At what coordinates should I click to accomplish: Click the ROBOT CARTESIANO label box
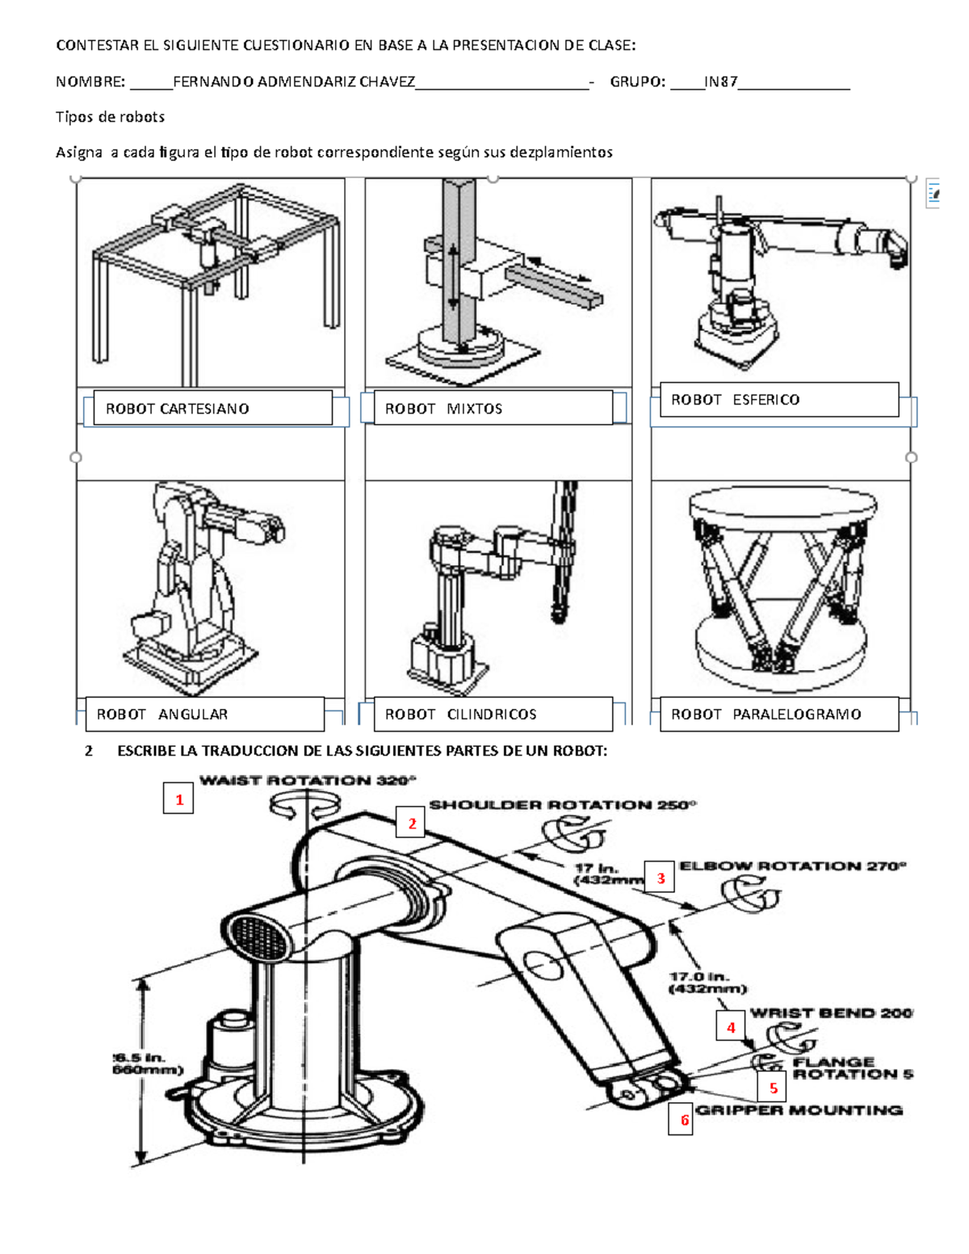tap(212, 408)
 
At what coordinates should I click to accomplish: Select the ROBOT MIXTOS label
tap(493, 408)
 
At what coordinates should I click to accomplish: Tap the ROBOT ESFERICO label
tap(778, 400)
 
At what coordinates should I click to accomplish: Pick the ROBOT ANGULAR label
tap(204, 714)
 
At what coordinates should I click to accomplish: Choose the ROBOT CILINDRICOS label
tap(493, 714)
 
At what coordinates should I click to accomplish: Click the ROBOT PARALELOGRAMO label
tap(778, 714)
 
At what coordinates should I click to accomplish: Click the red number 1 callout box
tap(178, 799)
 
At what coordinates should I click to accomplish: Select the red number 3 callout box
tap(660, 878)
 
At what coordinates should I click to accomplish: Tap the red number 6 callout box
tap(684, 1119)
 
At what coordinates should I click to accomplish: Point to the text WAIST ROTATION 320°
tap(308, 780)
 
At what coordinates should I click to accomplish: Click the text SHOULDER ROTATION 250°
tap(562, 804)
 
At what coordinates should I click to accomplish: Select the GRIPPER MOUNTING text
tap(799, 1110)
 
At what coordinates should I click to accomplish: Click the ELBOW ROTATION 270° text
tap(792, 866)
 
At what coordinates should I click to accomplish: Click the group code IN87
tap(720, 82)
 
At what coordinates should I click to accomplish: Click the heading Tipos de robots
tap(110, 117)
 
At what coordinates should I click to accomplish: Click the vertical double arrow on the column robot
tap(453, 276)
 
